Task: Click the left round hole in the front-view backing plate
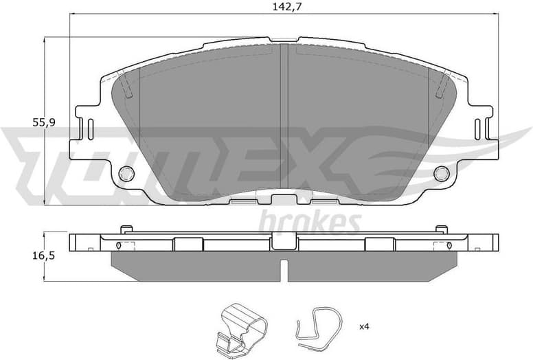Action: point(125,174)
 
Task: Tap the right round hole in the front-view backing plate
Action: point(440,174)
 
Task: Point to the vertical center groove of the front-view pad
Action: point(283,117)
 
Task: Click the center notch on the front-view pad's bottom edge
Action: point(283,199)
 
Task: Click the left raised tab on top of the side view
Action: point(126,229)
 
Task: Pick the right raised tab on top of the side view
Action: point(441,229)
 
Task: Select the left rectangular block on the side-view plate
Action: point(188,244)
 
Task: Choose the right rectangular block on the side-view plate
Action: point(378,244)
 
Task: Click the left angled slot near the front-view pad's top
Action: point(127,86)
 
